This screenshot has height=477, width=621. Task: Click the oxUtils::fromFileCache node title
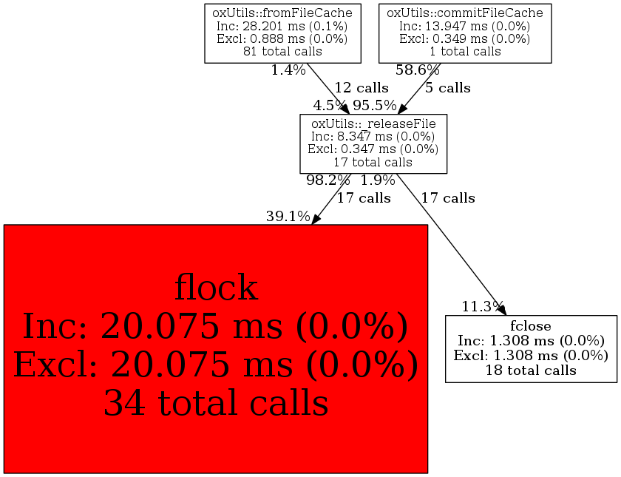pyautogui.click(x=282, y=13)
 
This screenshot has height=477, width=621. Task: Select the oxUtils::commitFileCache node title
pyautogui.click(x=465, y=13)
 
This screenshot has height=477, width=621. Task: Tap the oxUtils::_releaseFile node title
pyautogui.click(x=373, y=124)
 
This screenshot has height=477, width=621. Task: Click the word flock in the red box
pyautogui.click(x=216, y=288)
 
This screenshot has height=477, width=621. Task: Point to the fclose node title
pyautogui.click(x=531, y=325)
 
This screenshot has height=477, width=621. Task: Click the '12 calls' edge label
pyautogui.click(x=362, y=88)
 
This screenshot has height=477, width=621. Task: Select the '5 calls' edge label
pyautogui.click(x=448, y=88)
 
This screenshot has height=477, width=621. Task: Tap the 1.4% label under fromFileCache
pyautogui.click(x=288, y=70)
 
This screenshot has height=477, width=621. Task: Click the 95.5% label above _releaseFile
pyautogui.click(x=375, y=106)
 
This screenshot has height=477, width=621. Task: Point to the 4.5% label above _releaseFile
pyautogui.click(x=330, y=106)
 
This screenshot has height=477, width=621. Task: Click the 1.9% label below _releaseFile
pyautogui.click(x=378, y=180)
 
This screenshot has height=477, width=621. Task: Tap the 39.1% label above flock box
pyautogui.click(x=288, y=216)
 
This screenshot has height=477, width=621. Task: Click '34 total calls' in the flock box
pyautogui.click(x=216, y=404)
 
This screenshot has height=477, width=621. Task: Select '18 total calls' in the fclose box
pyautogui.click(x=531, y=370)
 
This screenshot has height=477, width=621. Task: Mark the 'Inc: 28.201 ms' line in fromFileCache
pyautogui.click(x=282, y=27)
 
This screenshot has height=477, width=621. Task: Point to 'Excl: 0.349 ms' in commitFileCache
pyautogui.click(x=465, y=39)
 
